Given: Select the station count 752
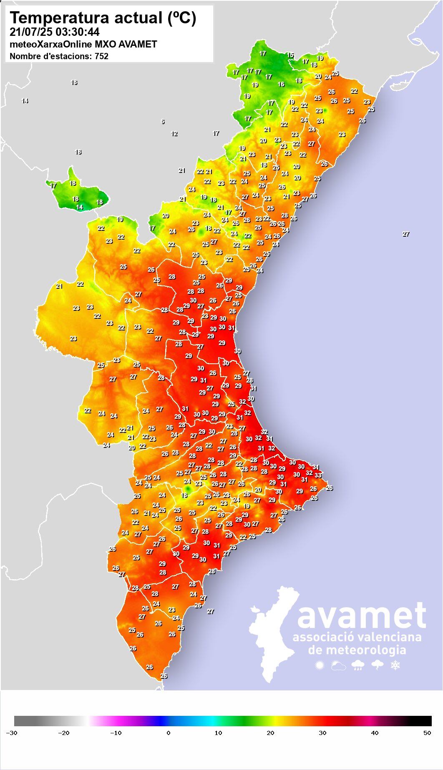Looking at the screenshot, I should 101,56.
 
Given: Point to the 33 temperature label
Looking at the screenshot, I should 318,475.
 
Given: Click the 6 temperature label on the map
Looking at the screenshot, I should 163,122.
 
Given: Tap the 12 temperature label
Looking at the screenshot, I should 174,134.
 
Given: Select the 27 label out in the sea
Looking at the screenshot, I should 406,234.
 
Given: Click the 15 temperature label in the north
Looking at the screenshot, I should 290,55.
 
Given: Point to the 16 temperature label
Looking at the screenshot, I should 281,84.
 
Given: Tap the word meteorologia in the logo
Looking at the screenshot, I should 357,650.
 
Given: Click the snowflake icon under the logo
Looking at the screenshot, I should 395,665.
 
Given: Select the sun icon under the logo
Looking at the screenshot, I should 320,665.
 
